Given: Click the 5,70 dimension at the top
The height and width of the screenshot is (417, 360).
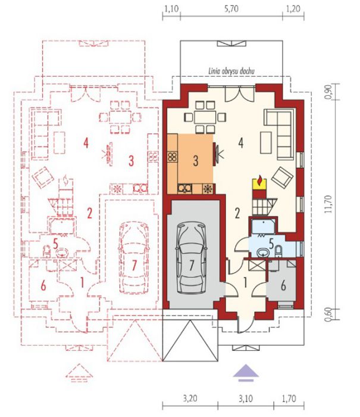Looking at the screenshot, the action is point(231,9).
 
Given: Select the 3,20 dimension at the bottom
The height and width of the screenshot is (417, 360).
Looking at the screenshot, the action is point(190,399).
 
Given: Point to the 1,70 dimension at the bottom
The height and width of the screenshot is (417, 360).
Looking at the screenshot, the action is point(289,399).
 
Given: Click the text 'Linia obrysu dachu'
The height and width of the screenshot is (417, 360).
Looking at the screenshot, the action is point(231,71).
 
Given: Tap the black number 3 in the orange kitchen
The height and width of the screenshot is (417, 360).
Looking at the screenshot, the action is point(196,161).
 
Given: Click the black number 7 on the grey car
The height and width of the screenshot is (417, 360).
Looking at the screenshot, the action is point(192,266).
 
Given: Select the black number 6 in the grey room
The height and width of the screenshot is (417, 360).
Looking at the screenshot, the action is point(283,286).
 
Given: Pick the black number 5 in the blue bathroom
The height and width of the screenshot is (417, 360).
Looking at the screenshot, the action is point(271,243).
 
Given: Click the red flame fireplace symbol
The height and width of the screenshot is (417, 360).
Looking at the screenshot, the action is point(259,182).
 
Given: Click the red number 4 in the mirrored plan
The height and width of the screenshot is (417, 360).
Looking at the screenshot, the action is point(86,144).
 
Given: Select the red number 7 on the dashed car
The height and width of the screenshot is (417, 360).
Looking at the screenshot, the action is point(134,266).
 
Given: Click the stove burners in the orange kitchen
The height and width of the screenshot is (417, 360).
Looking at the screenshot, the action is point(172,157).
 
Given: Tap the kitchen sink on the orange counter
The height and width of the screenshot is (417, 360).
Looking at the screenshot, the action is point(185,189).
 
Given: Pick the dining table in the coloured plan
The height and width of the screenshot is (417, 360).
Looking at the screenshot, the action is point(205,117).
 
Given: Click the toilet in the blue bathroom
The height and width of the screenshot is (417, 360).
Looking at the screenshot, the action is point(278,251).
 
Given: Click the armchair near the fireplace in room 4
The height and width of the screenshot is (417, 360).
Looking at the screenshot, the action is point(282,178).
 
